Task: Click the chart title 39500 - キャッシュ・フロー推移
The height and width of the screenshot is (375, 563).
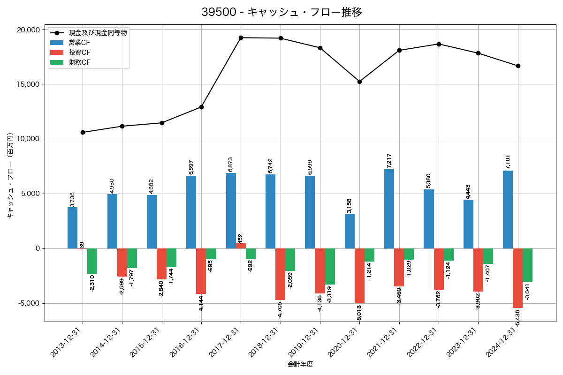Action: click(x=281, y=12)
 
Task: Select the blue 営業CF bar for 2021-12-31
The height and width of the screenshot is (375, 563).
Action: click(x=389, y=209)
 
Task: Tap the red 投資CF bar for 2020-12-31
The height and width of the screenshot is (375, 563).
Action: click(x=359, y=276)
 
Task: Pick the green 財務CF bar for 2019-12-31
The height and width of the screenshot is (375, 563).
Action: click(x=330, y=266)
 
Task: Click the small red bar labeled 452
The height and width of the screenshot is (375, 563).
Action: click(x=241, y=246)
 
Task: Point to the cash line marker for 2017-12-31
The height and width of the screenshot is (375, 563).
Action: click(x=241, y=37)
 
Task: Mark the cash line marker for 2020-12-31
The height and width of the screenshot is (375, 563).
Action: click(x=359, y=82)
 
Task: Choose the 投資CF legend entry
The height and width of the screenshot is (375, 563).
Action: click(x=79, y=52)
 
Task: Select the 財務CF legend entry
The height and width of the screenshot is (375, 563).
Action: click(x=79, y=62)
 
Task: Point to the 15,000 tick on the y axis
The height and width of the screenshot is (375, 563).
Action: click(x=28, y=84)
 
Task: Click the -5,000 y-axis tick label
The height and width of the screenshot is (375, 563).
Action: click(x=29, y=303)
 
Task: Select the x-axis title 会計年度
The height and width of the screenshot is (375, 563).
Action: click(x=300, y=364)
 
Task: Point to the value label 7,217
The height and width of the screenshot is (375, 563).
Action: click(x=389, y=161)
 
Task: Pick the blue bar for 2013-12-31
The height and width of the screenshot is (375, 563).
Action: click(x=73, y=228)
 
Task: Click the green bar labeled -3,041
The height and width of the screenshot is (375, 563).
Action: click(x=527, y=265)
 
